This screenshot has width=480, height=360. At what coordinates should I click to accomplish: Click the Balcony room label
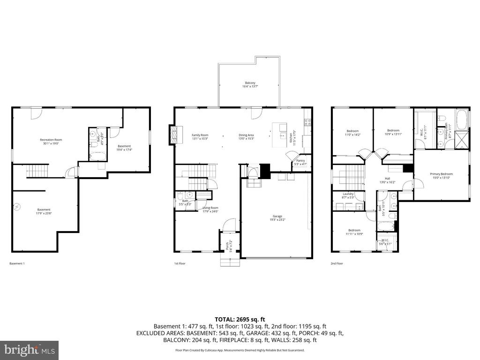click(x=250, y=85)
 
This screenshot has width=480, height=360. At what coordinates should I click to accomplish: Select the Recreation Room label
click(x=51, y=142)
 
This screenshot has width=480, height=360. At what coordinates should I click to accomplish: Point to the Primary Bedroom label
click(x=441, y=176)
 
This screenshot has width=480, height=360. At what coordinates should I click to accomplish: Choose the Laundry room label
click(x=348, y=195)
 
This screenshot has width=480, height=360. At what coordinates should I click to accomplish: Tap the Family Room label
click(x=200, y=137)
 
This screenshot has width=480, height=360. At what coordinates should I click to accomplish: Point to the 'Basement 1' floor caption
click(x=17, y=263)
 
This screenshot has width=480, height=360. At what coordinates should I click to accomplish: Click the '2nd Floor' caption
click(x=337, y=263)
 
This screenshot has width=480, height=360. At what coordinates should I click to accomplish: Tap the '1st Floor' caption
click(x=180, y=263)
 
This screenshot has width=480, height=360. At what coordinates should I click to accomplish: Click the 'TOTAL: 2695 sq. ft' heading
click(x=240, y=319)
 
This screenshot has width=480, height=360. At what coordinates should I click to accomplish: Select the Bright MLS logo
click(x=29, y=350)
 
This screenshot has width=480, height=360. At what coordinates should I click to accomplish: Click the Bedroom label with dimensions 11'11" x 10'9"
click(x=354, y=232)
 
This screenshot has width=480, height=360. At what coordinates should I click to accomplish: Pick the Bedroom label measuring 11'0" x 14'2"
click(x=352, y=133)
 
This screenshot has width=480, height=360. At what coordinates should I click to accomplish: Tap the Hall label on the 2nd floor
click(x=387, y=180)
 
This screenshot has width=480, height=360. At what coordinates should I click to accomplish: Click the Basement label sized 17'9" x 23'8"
click(x=44, y=211)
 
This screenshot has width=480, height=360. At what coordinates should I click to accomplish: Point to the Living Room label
click(x=210, y=210)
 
